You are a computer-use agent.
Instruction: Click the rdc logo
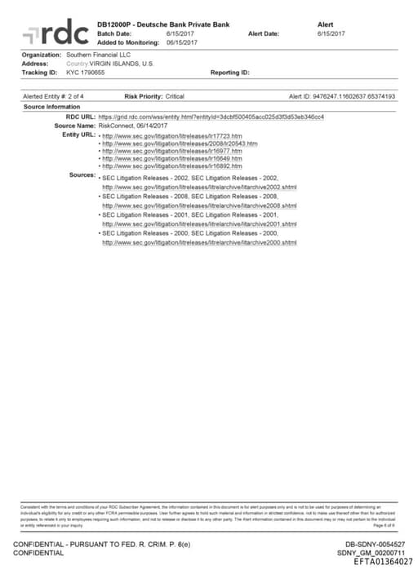(x=55, y=33)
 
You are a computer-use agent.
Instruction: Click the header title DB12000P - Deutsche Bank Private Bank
(x=164, y=25)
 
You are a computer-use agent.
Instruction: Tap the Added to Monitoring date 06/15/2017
(x=182, y=42)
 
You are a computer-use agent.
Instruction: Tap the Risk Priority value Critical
(x=175, y=96)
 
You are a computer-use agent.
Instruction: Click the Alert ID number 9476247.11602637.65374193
(x=354, y=96)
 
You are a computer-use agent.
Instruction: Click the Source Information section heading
(x=52, y=107)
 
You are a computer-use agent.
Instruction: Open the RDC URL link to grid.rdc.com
(x=211, y=117)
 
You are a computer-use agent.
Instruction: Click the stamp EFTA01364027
(x=383, y=561)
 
